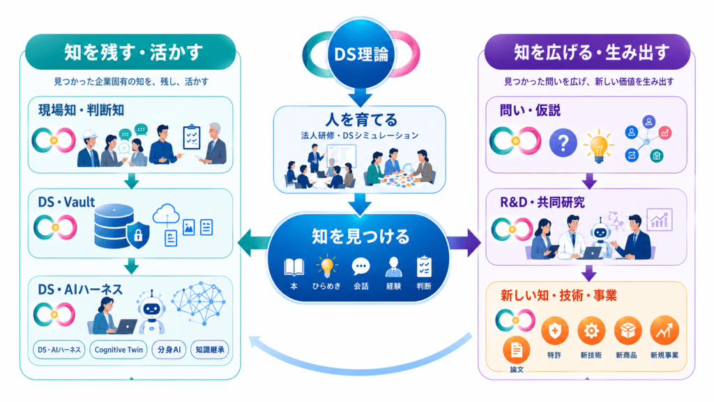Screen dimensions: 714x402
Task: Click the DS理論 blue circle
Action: pos(360,54)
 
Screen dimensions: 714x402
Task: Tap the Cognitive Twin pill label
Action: pos(119,350)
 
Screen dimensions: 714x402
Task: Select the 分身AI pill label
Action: pos(169,350)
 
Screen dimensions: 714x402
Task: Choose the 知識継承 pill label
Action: pos(209,350)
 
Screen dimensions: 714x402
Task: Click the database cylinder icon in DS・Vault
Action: pos(114,226)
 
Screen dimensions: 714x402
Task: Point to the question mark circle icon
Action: pos(563,143)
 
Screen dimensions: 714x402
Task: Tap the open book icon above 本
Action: pos(294,267)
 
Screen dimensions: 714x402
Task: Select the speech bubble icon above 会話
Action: pos(360,267)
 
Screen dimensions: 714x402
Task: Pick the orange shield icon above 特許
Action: pos(554,330)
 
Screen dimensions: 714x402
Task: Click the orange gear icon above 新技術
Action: pos(591,330)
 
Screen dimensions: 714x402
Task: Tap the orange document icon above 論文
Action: pos(517,350)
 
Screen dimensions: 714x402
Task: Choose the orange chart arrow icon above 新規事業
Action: pos(664,330)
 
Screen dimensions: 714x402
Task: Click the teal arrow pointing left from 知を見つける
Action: pos(253,243)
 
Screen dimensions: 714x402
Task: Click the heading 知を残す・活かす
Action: pos(133,52)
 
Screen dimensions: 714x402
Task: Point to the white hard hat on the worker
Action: pos(90,135)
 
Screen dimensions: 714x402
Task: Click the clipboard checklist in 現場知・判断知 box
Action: pos(191,137)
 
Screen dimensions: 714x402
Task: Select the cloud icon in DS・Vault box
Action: pos(166,214)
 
